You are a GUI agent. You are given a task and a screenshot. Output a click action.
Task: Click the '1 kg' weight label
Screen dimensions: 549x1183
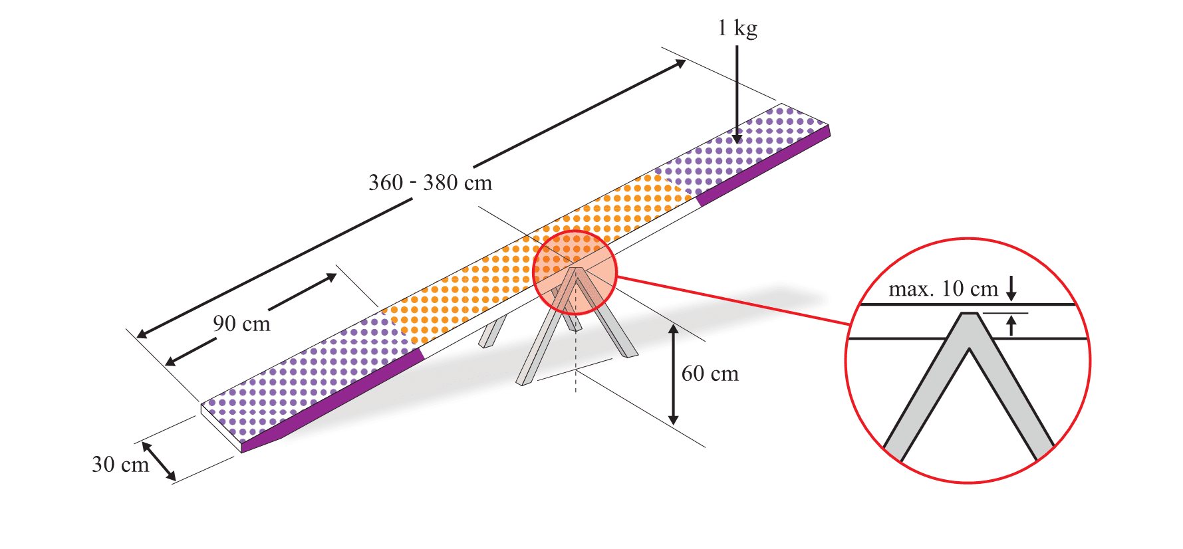pyautogui.click(x=737, y=29)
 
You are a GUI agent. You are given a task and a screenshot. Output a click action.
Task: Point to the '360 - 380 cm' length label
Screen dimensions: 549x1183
pyautogui.click(x=430, y=183)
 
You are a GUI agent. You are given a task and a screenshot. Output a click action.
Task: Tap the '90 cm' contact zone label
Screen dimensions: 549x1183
pyautogui.click(x=241, y=324)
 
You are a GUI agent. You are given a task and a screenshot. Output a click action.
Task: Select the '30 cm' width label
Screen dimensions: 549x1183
pyautogui.click(x=120, y=464)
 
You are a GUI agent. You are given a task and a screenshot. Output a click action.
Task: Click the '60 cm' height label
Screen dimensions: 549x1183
pyautogui.click(x=710, y=374)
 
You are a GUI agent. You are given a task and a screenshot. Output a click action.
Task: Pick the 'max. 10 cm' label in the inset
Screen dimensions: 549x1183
pyautogui.click(x=943, y=289)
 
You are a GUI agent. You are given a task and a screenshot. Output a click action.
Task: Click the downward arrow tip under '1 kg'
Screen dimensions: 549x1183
pyautogui.click(x=737, y=140)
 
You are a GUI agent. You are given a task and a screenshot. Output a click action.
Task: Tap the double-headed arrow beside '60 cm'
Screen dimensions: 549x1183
pyautogui.click(x=673, y=374)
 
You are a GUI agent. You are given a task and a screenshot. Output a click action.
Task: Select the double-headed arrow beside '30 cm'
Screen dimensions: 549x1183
pyautogui.click(x=158, y=461)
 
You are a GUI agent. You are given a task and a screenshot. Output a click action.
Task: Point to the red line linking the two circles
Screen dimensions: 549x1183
pyautogui.click(x=731, y=301)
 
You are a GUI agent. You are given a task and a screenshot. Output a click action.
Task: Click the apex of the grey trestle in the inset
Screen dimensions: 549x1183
pyautogui.click(x=969, y=314)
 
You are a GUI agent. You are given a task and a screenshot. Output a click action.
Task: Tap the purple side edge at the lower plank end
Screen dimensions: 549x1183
pyautogui.click(x=332, y=399)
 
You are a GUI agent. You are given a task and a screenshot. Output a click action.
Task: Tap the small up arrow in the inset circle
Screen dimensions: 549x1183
pyautogui.click(x=1011, y=326)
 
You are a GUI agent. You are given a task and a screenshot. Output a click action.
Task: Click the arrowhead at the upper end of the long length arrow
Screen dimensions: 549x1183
pyautogui.click(x=681, y=62)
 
